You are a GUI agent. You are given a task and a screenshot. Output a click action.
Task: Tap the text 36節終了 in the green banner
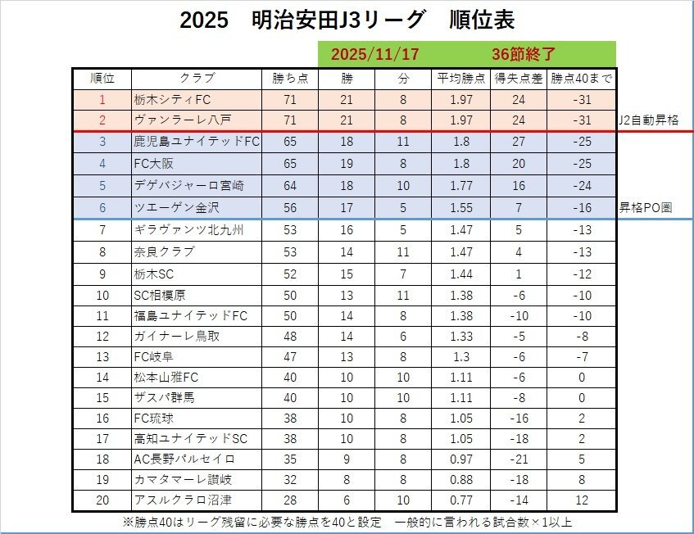point(524,54)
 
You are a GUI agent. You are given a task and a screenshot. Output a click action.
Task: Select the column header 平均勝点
point(462,79)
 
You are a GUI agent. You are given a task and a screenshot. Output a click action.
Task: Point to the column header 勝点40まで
point(581,79)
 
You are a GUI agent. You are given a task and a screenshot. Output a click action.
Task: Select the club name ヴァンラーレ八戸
point(177,120)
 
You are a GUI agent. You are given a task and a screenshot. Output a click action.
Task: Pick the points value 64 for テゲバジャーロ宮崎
point(289,186)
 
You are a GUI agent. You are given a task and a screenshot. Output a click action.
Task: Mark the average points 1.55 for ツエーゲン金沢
point(462,208)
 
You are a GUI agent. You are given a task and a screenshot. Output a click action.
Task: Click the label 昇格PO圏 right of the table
point(645,208)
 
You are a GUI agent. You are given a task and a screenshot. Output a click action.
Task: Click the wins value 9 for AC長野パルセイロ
point(347,459)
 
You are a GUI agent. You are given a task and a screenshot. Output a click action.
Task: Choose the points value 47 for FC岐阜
point(289,356)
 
